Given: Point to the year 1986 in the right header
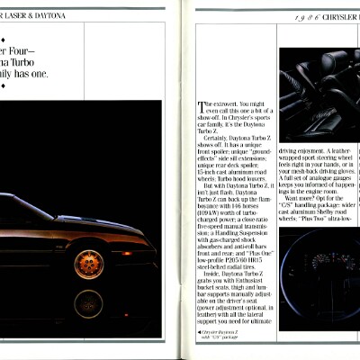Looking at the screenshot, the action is point(301,16).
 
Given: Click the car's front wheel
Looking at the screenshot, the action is point(88,263).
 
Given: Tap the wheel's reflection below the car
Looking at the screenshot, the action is point(88,304).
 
